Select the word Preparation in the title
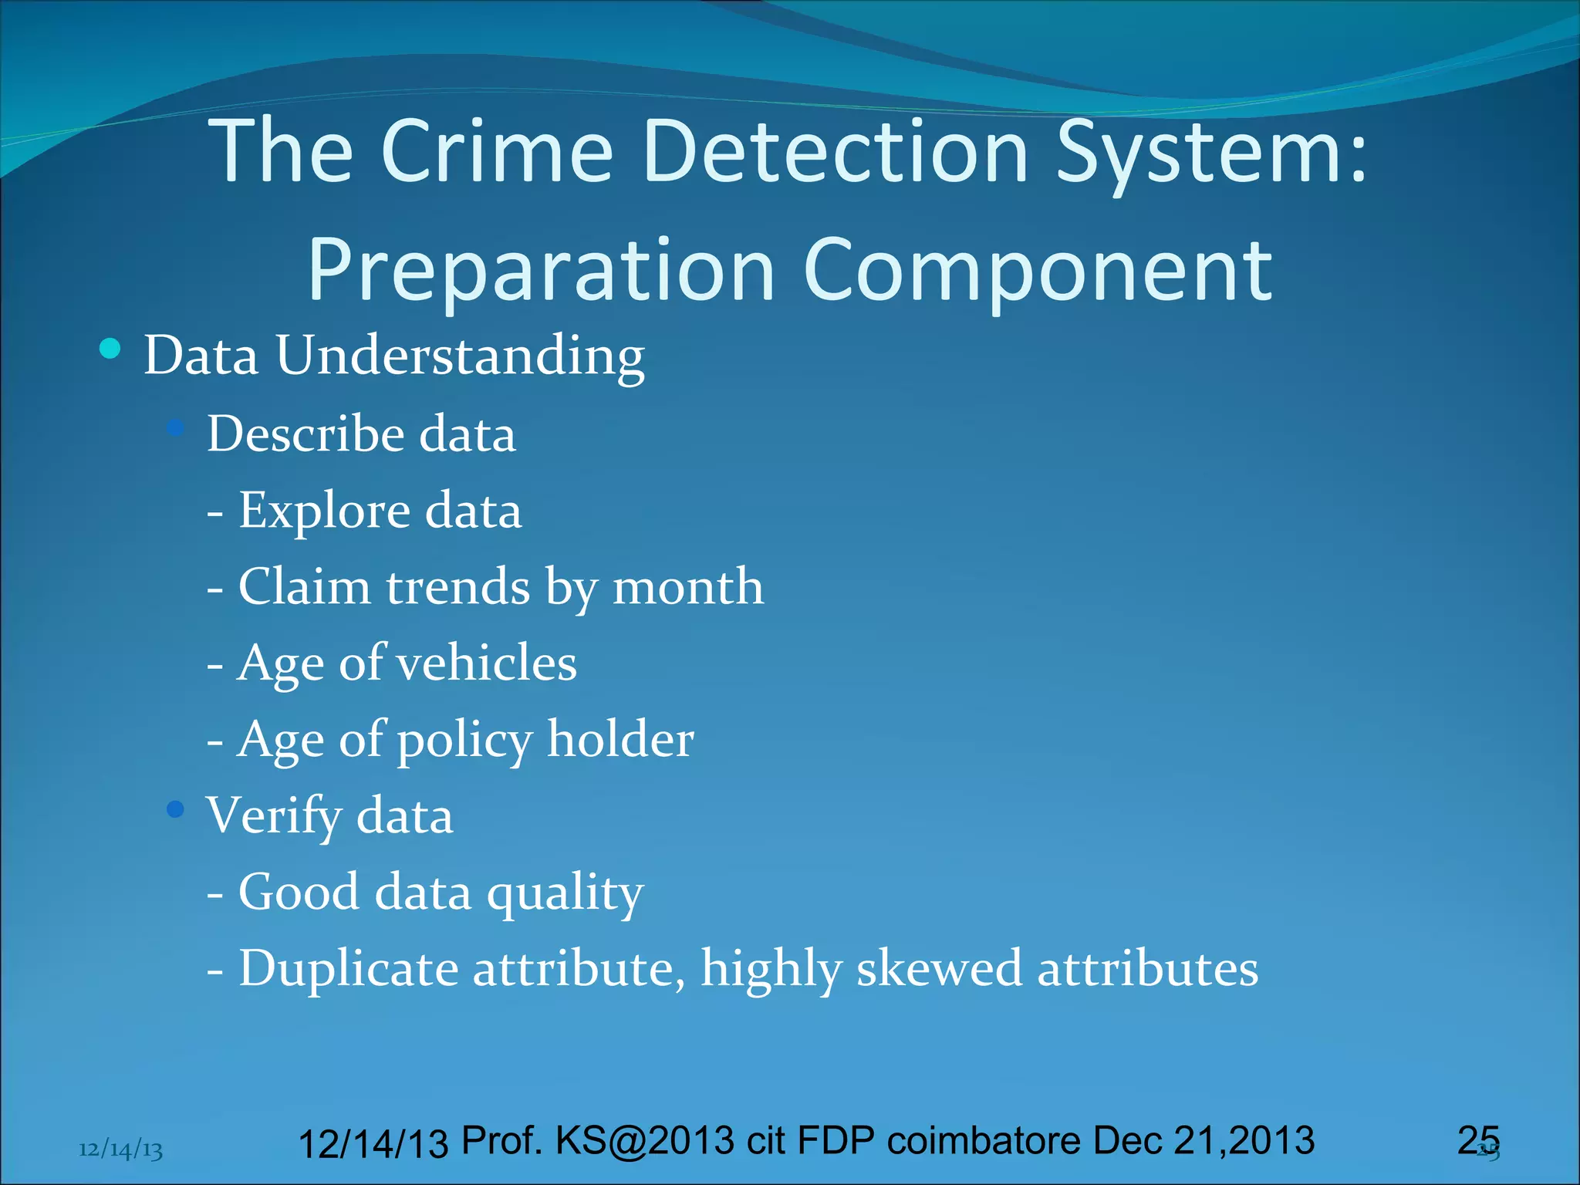point(541,271)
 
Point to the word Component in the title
point(1038,271)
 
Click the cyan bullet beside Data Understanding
point(110,349)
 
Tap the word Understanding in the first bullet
point(460,356)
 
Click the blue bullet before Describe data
point(176,427)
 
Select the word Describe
point(306,434)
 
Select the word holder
point(620,739)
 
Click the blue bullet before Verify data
point(176,809)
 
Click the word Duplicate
point(349,968)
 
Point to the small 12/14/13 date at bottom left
point(121,1150)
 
